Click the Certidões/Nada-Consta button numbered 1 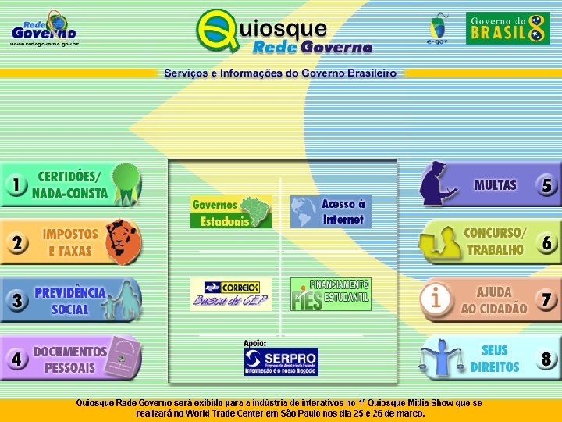click(x=70, y=184)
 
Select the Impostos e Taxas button click(x=70, y=242)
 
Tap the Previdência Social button click(x=70, y=300)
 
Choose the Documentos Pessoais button click(x=70, y=359)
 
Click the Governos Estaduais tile click(x=230, y=212)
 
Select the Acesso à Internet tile click(x=331, y=212)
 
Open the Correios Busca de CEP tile click(x=230, y=294)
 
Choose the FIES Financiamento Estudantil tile click(x=331, y=294)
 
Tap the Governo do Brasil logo click(x=508, y=28)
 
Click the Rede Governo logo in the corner click(x=44, y=29)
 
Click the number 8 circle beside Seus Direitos click(x=546, y=359)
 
